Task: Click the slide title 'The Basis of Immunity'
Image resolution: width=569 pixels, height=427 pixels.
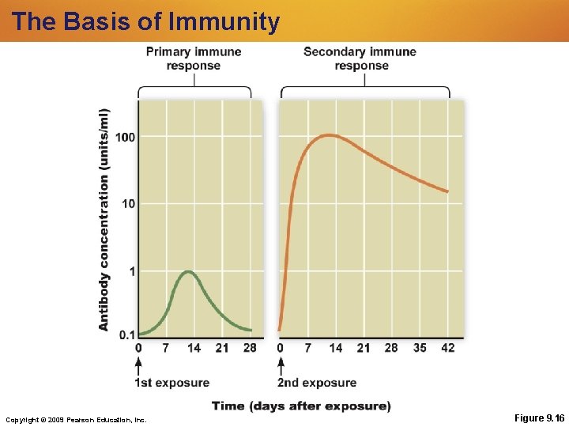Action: click(x=145, y=21)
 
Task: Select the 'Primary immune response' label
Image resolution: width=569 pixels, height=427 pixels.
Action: click(x=194, y=58)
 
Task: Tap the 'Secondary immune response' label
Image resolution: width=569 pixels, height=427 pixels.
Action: click(x=360, y=58)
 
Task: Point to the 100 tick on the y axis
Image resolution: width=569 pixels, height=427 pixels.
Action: click(x=125, y=138)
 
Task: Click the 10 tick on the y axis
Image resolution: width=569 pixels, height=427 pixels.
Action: click(x=128, y=204)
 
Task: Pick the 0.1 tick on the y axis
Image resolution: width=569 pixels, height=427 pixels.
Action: click(x=126, y=334)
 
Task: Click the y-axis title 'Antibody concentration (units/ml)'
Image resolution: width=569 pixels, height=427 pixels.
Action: click(x=104, y=219)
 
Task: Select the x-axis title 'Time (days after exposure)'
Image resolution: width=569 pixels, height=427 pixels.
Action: click(x=300, y=406)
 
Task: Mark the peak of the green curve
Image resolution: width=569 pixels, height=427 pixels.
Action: click(x=188, y=272)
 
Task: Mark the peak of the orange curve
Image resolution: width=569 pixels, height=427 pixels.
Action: click(x=330, y=135)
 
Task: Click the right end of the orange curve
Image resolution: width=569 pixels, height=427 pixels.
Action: click(x=448, y=191)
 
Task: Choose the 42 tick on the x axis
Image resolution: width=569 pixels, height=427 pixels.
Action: click(x=447, y=348)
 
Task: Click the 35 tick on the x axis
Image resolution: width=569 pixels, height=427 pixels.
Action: click(x=419, y=348)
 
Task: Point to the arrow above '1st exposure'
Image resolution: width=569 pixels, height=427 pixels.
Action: click(x=139, y=365)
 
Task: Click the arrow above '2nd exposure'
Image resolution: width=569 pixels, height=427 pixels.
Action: click(x=281, y=365)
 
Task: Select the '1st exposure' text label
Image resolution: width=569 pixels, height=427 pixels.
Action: click(x=172, y=383)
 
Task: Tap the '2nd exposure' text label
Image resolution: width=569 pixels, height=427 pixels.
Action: click(x=317, y=383)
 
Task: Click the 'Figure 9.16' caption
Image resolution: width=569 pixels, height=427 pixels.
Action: click(x=539, y=418)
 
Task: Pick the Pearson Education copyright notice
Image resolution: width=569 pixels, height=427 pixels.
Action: click(x=76, y=419)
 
